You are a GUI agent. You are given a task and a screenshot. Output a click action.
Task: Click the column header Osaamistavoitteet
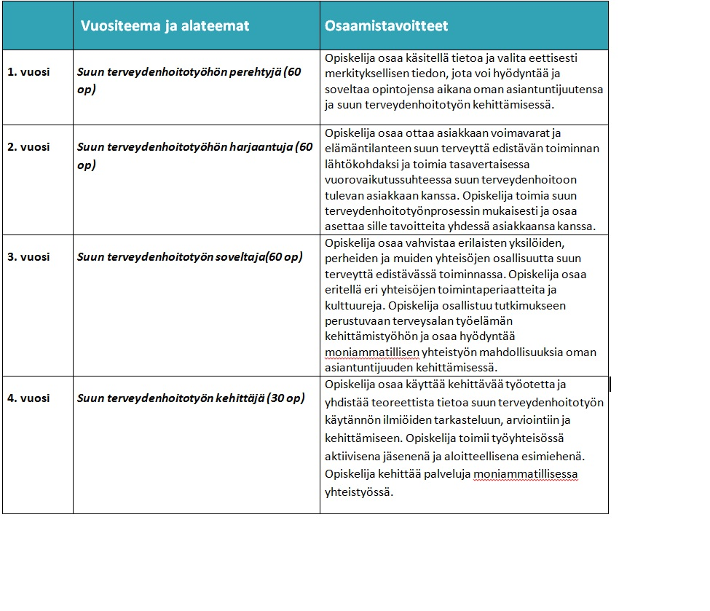click(385, 26)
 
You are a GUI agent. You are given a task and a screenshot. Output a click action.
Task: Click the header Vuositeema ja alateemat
click(165, 26)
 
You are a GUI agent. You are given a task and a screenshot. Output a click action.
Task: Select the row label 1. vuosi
click(28, 72)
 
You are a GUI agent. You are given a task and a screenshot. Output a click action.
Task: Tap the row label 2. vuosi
click(28, 146)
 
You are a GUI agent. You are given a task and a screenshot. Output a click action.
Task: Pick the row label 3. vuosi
click(28, 257)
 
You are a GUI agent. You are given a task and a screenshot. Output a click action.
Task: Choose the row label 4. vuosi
click(28, 398)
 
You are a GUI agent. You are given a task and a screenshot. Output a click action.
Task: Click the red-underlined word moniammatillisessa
click(526, 474)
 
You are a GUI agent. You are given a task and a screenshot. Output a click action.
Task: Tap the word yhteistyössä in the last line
click(359, 492)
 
